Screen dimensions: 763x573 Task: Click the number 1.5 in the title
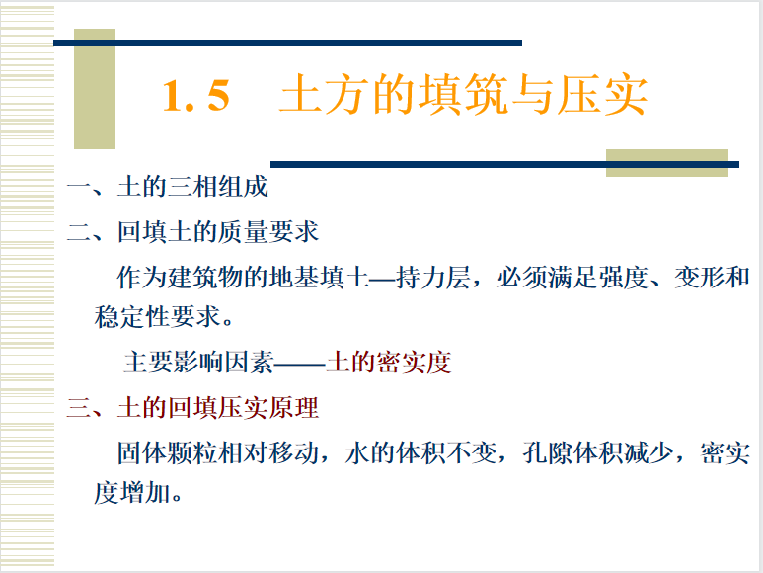(196, 96)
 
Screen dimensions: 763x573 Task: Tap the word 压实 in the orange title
(602, 95)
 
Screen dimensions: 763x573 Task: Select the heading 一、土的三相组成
(168, 187)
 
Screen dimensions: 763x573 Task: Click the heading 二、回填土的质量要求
(192, 231)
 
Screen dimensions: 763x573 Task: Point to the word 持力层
(433, 278)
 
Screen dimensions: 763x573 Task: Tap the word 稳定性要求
(158, 317)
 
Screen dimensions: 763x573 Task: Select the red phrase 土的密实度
(388, 363)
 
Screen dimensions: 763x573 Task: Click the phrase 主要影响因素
(199, 363)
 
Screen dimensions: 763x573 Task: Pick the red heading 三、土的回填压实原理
(192, 407)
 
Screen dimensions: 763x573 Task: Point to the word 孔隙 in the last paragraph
(548, 452)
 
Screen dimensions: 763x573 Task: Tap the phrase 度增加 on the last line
(132, 493)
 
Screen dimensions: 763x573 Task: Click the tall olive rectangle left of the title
(95, 89)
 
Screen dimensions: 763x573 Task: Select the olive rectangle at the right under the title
(666, 163)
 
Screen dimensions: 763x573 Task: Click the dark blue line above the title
(287, 42)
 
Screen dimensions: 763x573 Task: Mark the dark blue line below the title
(504, 165)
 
